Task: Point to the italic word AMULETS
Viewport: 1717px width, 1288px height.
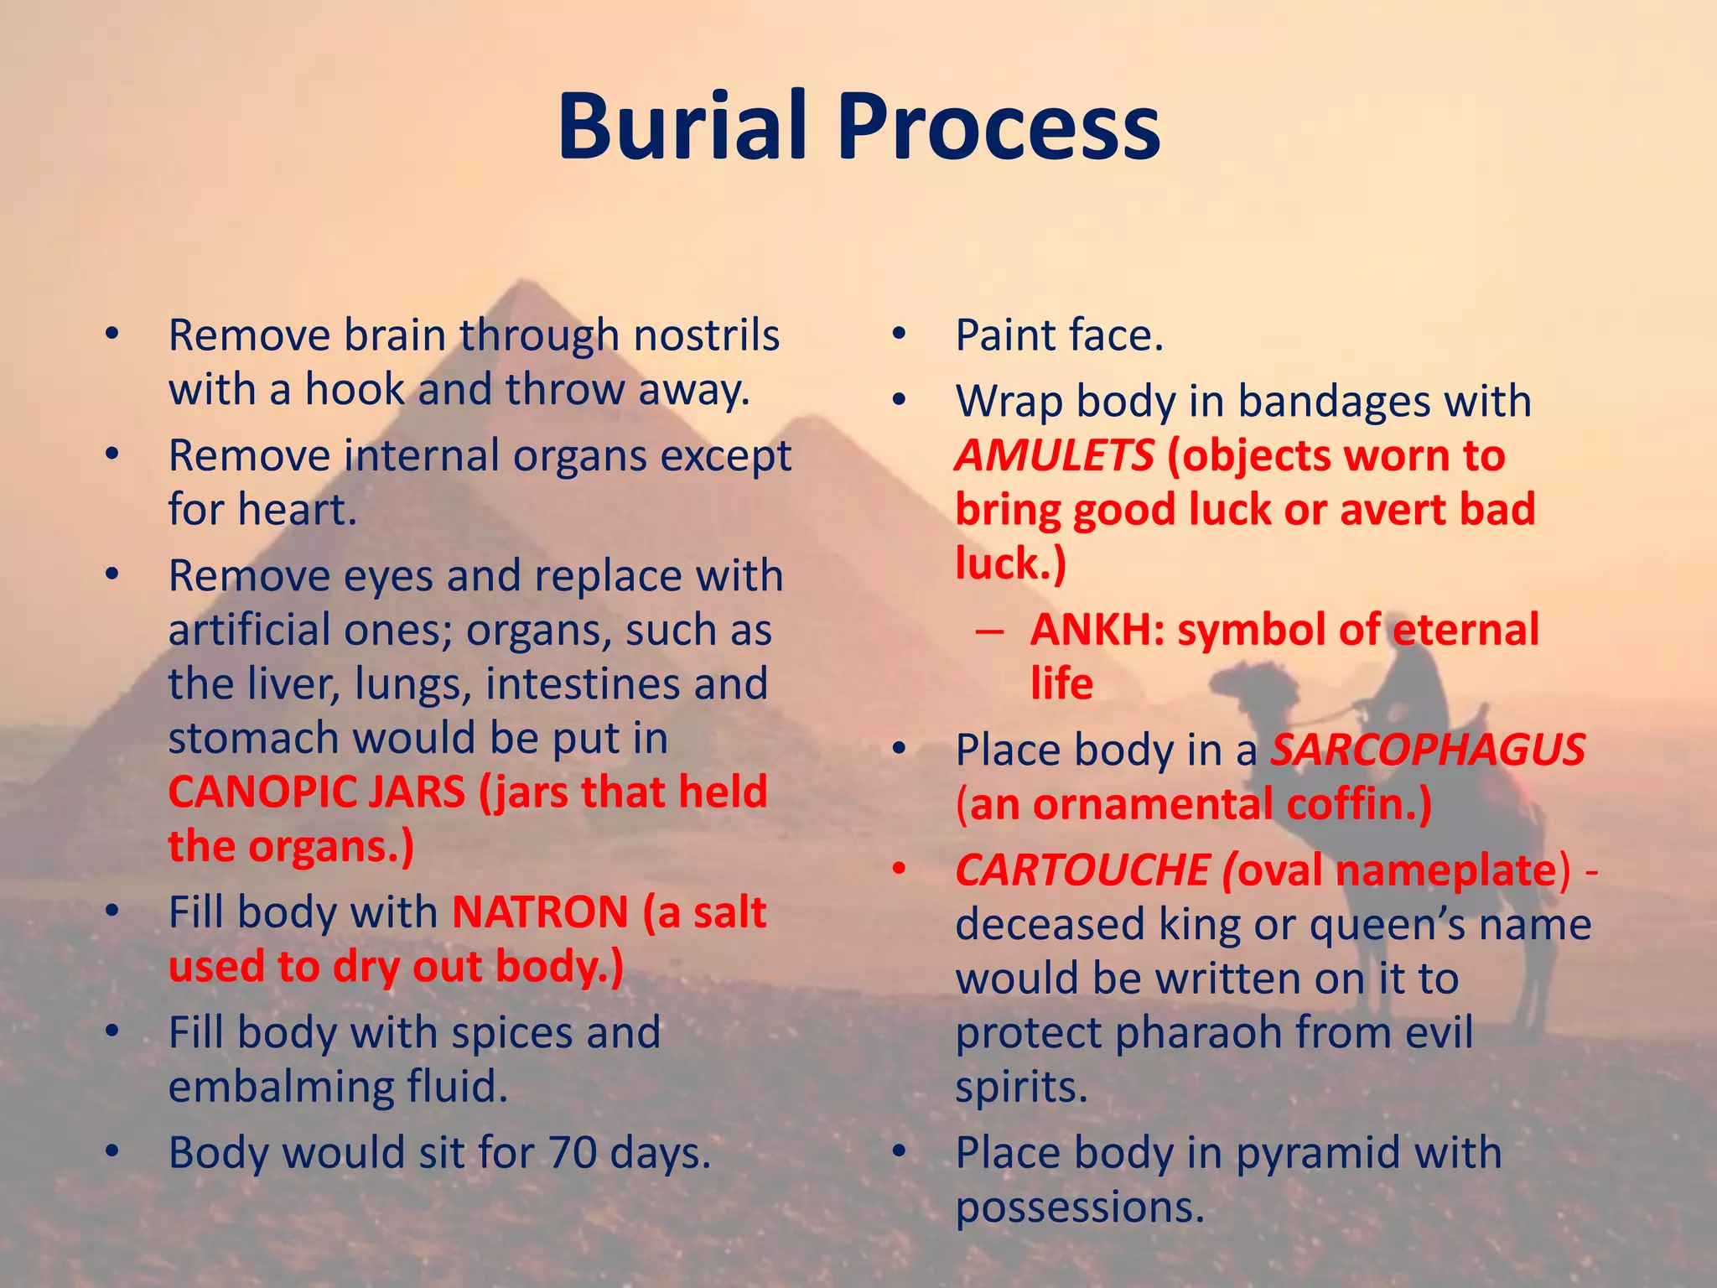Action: [x=1054, y=455]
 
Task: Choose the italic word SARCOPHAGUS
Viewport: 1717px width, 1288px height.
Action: [x=1427, y=749]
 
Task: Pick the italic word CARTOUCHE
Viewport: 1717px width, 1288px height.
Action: [x=1082, y=870]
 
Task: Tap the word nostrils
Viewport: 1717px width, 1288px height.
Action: [x=706, y=335]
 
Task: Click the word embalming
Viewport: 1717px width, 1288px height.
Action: [x=280, y=1087]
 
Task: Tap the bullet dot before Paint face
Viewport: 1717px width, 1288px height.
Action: [x=900, y=335]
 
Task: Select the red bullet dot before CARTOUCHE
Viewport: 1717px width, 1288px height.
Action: [x=900, y=870]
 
